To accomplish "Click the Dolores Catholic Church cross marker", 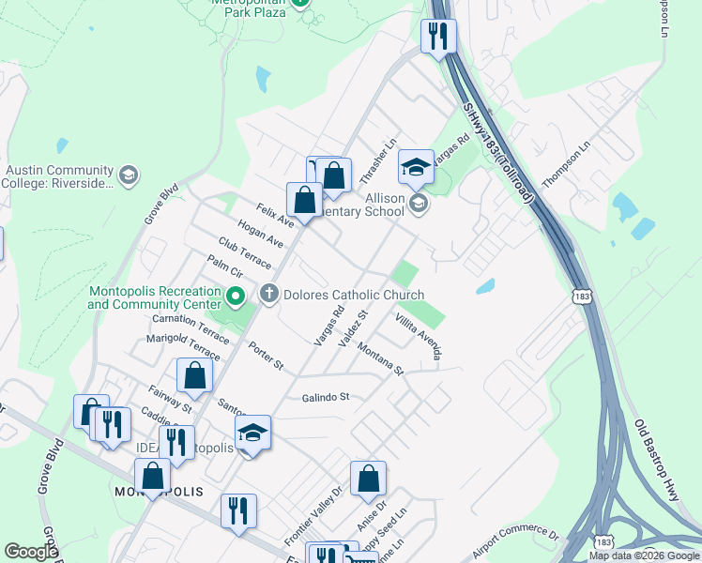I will click(x=269, y=295).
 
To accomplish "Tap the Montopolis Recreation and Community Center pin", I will click(x=236, y=298).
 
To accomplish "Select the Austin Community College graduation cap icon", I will click(x=128, y=175).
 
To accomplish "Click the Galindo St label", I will click(x=326, y=397).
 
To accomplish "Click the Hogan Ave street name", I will click(x=261, y=235).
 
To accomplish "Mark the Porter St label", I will click(x=266, y=356).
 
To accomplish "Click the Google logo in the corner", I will click(x=31, y=552).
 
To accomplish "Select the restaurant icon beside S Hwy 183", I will click(x=437, y=37).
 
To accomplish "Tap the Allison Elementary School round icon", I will click(x=419, y=203).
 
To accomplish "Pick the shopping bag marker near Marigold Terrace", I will click(x=194, y=375).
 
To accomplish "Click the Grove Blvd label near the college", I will click(x=161, y=207).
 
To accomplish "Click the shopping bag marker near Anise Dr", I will click(x=368, y=477).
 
